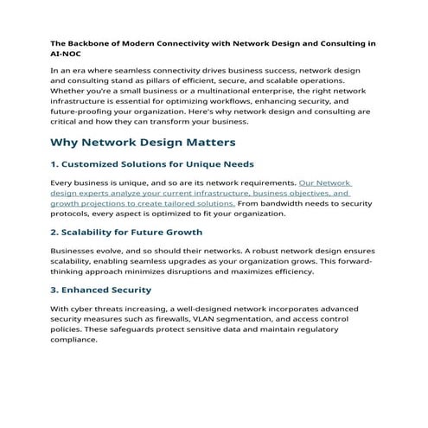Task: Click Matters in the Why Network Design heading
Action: (x=207, y=143)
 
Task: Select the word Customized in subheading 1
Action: (x=98, y=164)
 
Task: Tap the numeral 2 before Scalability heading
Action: (x=54, y=233)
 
